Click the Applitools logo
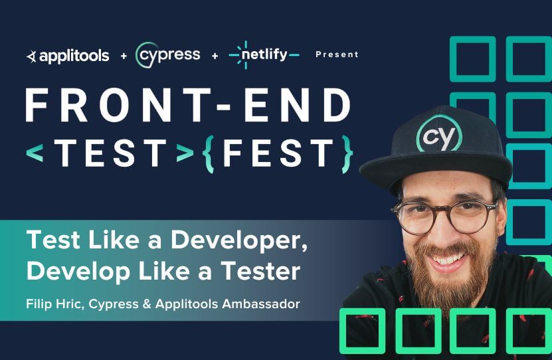[67, 56]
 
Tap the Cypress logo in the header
[167, 54]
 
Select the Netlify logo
[264, 54]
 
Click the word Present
[337, 54]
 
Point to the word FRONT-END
[188, 105]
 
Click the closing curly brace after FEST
[345, 153]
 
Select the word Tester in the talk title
[260, 272]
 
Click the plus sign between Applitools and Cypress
[124, 56]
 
